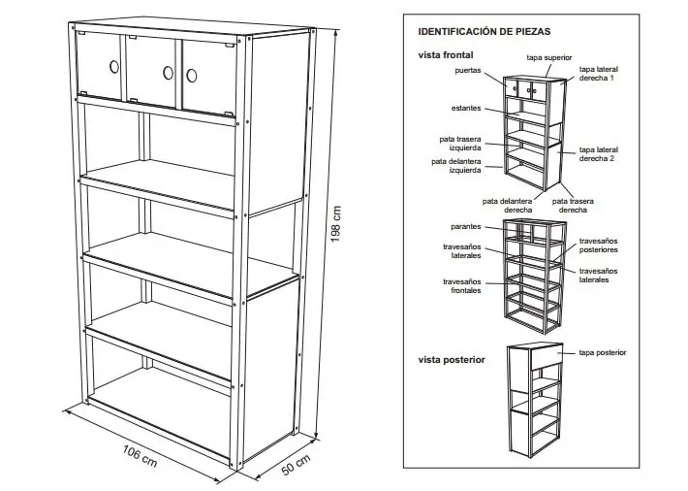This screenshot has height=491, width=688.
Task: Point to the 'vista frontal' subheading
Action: (446, 55)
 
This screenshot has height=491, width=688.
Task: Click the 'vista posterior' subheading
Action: (452, 360)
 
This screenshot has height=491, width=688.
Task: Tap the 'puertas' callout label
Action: (469, 71)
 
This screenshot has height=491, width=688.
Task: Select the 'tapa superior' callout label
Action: (548, 58)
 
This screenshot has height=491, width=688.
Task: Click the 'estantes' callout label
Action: (468, 108)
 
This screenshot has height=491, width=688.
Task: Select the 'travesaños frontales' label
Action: (462, 286)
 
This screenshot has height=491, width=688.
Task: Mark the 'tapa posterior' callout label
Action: (603, 352)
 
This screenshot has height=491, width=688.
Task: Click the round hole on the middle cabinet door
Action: (168, 72)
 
